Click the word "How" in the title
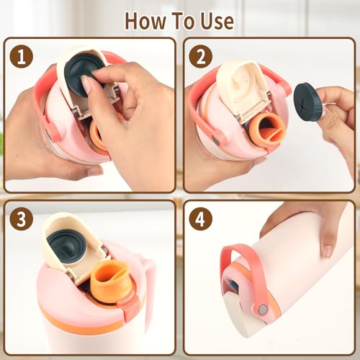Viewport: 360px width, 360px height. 145,21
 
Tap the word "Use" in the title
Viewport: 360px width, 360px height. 217,21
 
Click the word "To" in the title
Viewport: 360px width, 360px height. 183,21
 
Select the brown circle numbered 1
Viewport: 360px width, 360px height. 22,56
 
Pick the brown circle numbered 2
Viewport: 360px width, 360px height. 201,56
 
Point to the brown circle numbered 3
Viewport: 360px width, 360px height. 22,219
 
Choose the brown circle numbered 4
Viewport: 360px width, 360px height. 201,219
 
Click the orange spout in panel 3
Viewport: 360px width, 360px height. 112,276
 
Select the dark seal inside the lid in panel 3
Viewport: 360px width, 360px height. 66,246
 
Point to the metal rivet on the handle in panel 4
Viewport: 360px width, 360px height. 264,310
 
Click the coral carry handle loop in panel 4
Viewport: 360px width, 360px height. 243,276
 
